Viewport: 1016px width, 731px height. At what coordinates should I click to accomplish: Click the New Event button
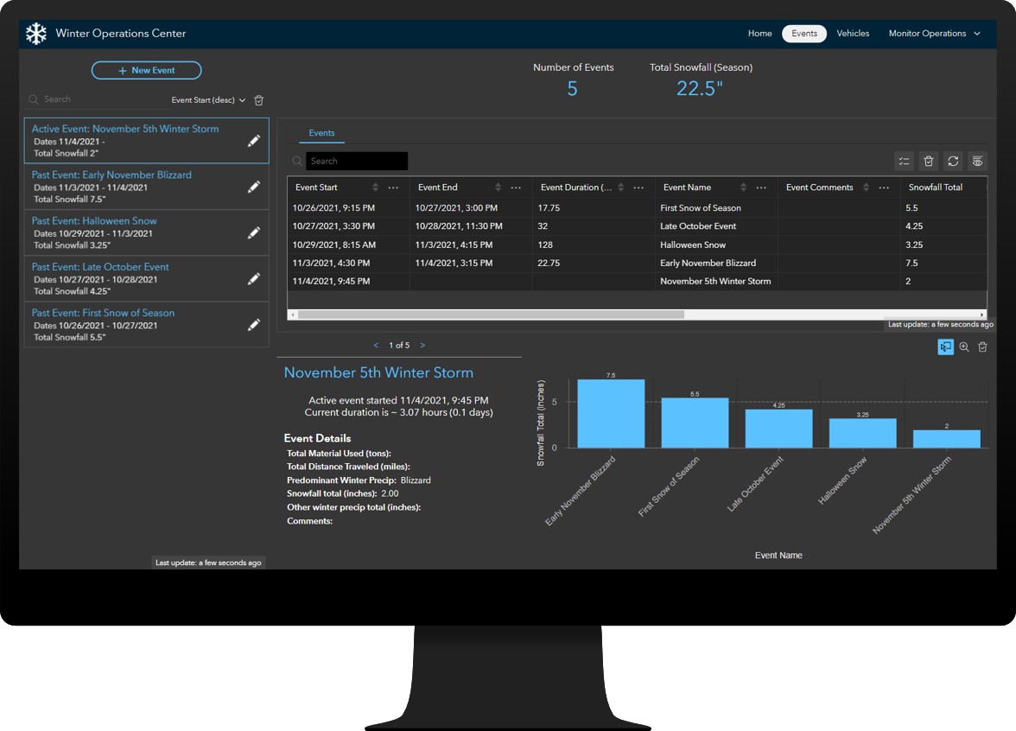[x=147, y=70]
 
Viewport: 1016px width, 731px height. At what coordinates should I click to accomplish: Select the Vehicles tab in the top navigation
[x=853, y=34]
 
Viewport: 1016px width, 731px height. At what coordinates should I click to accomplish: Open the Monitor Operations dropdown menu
[x=934, y=34]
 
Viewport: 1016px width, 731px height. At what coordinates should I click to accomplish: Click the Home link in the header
[x=759, y=34]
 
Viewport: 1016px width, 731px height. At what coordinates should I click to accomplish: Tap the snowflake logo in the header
[x=35, y=34]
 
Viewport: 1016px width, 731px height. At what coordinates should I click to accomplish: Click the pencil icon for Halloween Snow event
[x=254, y=232]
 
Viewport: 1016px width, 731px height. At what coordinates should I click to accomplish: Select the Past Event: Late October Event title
[x=100, y=267]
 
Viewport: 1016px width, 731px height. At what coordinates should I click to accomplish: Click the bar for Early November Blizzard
[x=611, y=414]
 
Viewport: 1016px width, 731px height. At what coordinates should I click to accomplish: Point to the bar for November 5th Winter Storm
[x=946, y=439]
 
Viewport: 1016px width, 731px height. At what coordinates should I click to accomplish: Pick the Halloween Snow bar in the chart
[x=862, y=433]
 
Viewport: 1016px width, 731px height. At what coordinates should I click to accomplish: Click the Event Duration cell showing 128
[x=545, y=245]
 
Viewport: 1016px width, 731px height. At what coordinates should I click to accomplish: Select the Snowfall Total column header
[x=935, y=188]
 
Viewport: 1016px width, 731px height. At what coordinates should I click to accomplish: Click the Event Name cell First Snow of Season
[x=700, y=208]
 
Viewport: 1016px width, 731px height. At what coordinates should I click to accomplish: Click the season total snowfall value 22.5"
[x=700, y=88]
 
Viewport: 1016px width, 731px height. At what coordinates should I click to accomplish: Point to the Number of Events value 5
[x=572, y=88]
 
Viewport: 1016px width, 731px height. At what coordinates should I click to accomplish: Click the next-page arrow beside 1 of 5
[x=422, y=346]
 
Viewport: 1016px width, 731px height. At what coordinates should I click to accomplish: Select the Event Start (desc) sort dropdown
[x=209, y=100]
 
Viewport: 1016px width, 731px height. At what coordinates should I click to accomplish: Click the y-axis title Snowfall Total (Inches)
[x=542, y=423]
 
